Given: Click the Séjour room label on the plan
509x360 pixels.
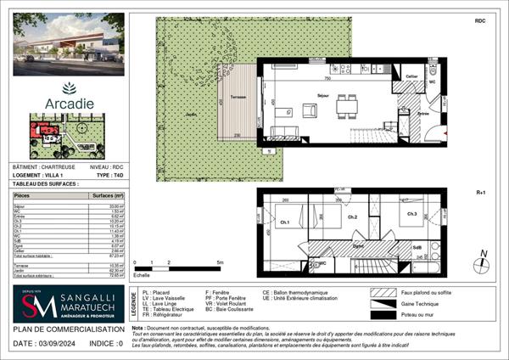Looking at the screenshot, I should [x=323, y=96].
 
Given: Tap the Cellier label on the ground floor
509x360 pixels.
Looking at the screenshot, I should [x=411, y=76].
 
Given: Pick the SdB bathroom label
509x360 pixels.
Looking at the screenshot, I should [x=417, y=247].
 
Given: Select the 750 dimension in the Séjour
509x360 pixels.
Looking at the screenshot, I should [x=326, y=79].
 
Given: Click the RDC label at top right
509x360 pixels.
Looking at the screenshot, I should [x=480, y=19].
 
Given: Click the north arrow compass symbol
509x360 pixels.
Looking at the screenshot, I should [x=483, y=258].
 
